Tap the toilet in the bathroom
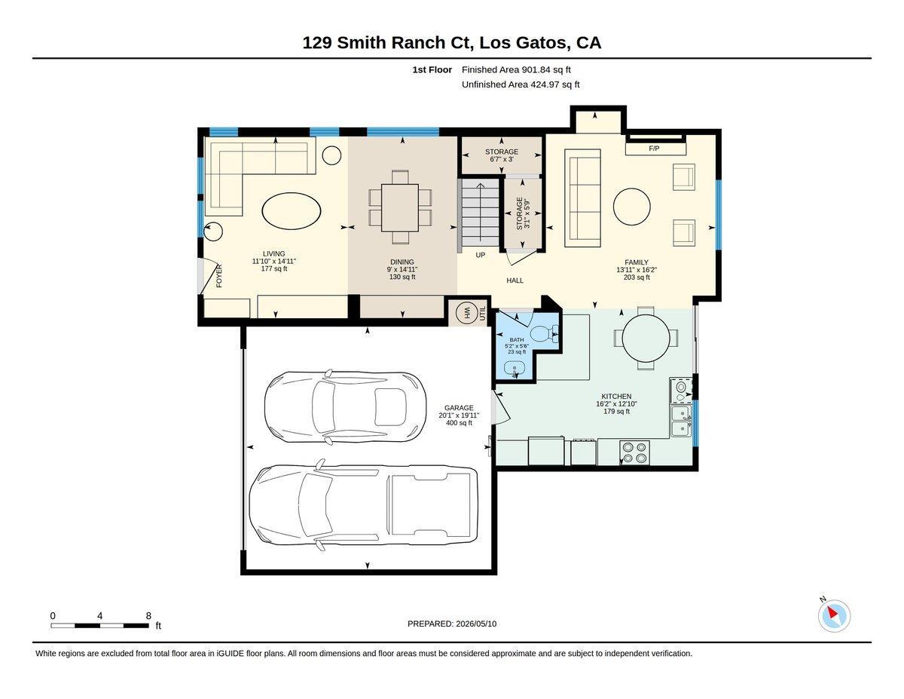point(544,333)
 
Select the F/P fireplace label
point(654,149)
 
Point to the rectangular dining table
point(400,208)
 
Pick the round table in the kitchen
point(646,338)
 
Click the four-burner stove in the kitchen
point(634,452)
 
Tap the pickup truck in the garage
point(363,505)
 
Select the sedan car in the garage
point(345,406)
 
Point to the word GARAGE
point(459,408)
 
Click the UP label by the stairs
point(480,255)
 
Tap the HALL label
point(515,281)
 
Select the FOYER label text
point(219,275)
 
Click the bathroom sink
point(515,369)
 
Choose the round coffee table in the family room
point(631,207)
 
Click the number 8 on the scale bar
point(148,616)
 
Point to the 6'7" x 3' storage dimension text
point(501,159)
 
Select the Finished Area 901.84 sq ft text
point(516,70)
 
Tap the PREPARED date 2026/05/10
point(476,624)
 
